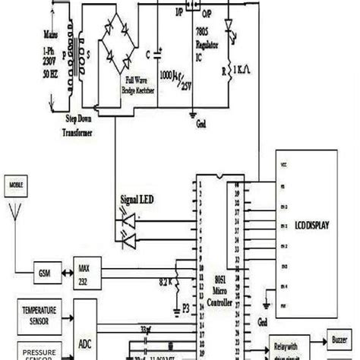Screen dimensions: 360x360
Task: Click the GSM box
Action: coord(43,272)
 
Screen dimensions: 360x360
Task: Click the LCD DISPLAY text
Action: coord(312,226)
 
